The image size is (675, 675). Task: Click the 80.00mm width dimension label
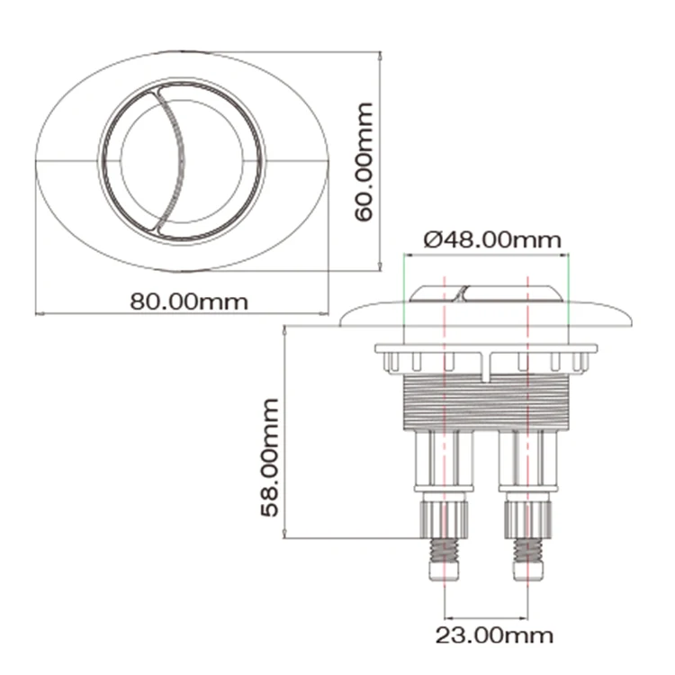pyautogui.click(x=188, y=301)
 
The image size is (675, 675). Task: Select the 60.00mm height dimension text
pyautogui.click(x=363, y=162)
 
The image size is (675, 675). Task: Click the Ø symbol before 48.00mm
pyautogui.click(x=431, y=240)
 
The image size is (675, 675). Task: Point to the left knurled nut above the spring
pyautogui.click(x=444, y=519)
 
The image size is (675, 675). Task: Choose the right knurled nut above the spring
pyautogui.click(x=526, y=519)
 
